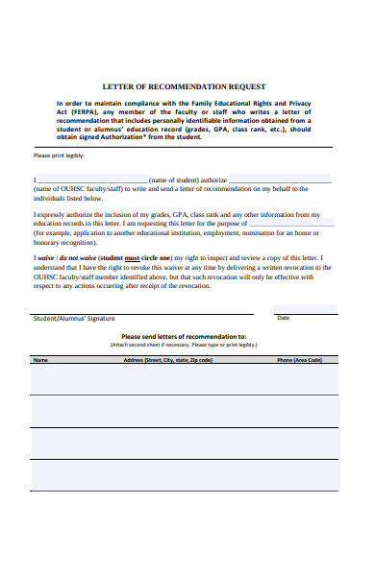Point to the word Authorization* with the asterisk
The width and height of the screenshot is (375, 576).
click(125, 136)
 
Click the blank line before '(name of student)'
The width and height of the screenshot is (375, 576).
click(92, 179)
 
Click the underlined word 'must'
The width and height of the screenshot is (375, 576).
click(133, 258)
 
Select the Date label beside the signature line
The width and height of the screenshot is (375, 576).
click(283, 318)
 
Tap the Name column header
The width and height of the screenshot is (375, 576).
click(40, 360)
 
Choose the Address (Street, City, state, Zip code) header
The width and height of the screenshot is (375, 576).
click(167, 360)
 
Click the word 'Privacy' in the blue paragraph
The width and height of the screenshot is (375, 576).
click(306, 102)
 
